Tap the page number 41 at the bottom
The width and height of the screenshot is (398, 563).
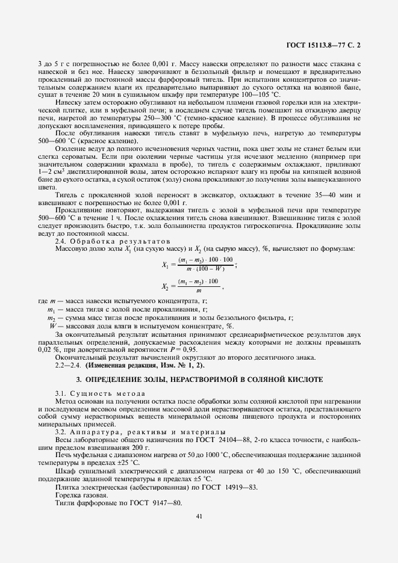(x=199, y=515)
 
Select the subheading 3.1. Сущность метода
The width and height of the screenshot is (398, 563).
(x=100, y=393)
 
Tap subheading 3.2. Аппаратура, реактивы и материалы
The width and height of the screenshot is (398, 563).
(x=140, y=432)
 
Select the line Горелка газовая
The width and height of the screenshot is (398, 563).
(x=83, y=494)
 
